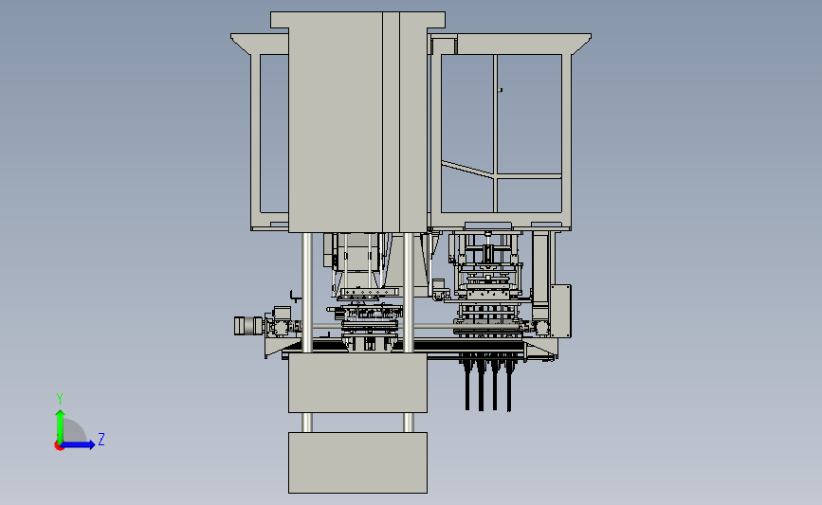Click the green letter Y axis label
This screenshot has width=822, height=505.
(60, 399)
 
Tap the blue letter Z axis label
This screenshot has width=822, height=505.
(101, 439)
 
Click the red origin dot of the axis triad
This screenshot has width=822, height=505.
(59, 446)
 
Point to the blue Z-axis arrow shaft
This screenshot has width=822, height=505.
(77, 445)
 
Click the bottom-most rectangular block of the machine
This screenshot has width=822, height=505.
(357, 462)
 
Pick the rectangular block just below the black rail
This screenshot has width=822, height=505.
(357, 383)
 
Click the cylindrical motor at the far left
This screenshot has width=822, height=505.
(248, 326)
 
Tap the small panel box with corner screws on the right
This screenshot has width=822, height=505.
(560, 311)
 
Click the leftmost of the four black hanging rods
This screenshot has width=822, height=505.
(467, 385)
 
